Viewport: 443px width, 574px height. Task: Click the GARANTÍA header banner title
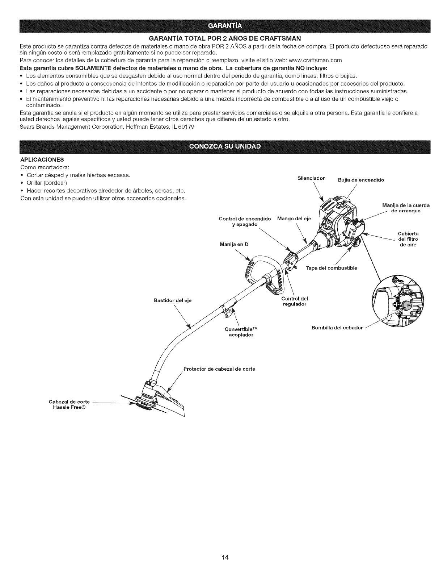pyautogui.click(x=221, y=25)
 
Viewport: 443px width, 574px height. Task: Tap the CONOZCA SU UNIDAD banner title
pyautogui.click(x=221, y=146)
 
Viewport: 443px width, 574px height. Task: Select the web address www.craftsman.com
pyautogui.click(x=313, y=60)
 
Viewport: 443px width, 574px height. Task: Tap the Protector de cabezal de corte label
pyautogui.click(x=219, y=369)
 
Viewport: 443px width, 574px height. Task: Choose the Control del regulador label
pyautogui.click(x=294, y=301)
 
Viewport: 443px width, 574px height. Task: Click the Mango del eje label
pyautogui.click(x=294, y=219)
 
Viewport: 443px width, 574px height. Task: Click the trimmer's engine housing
pyautogui.click(x=337, y=225)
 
